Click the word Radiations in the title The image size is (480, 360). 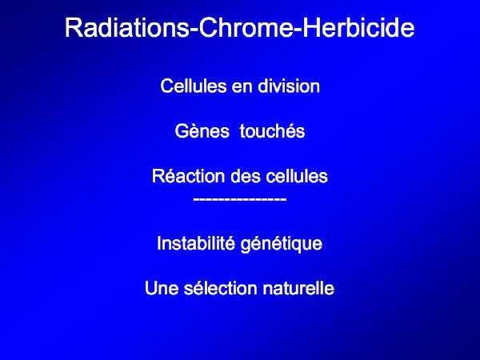127,28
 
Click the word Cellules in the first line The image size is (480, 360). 193,86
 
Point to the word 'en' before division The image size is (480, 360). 242,87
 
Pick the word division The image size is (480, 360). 289,86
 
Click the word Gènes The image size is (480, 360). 202,131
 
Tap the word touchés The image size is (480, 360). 273,131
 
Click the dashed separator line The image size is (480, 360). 240,199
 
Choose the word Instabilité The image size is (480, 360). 196,243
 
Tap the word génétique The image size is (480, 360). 282,245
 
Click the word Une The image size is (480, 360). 162,288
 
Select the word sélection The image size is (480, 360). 220,288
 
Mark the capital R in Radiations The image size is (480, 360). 73,28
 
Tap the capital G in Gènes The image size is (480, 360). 182,131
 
